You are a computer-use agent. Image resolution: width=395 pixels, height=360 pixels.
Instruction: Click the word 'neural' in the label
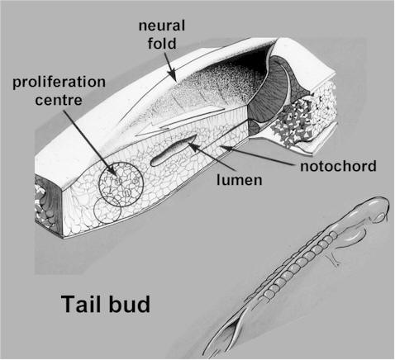point(162,26)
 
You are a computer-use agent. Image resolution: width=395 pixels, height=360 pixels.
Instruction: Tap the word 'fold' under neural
point(162,44)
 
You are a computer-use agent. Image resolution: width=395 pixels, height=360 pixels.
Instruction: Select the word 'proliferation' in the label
point(59,83)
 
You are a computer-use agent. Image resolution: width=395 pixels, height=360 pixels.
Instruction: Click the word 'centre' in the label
point(59,100)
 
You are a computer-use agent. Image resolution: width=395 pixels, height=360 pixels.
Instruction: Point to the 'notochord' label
point(338,166)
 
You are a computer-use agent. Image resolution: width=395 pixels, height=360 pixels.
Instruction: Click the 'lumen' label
point(240,180)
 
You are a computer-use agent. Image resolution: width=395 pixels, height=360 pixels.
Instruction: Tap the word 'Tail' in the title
point(83,304)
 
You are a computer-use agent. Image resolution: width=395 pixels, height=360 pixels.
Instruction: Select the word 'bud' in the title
point(130,304)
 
